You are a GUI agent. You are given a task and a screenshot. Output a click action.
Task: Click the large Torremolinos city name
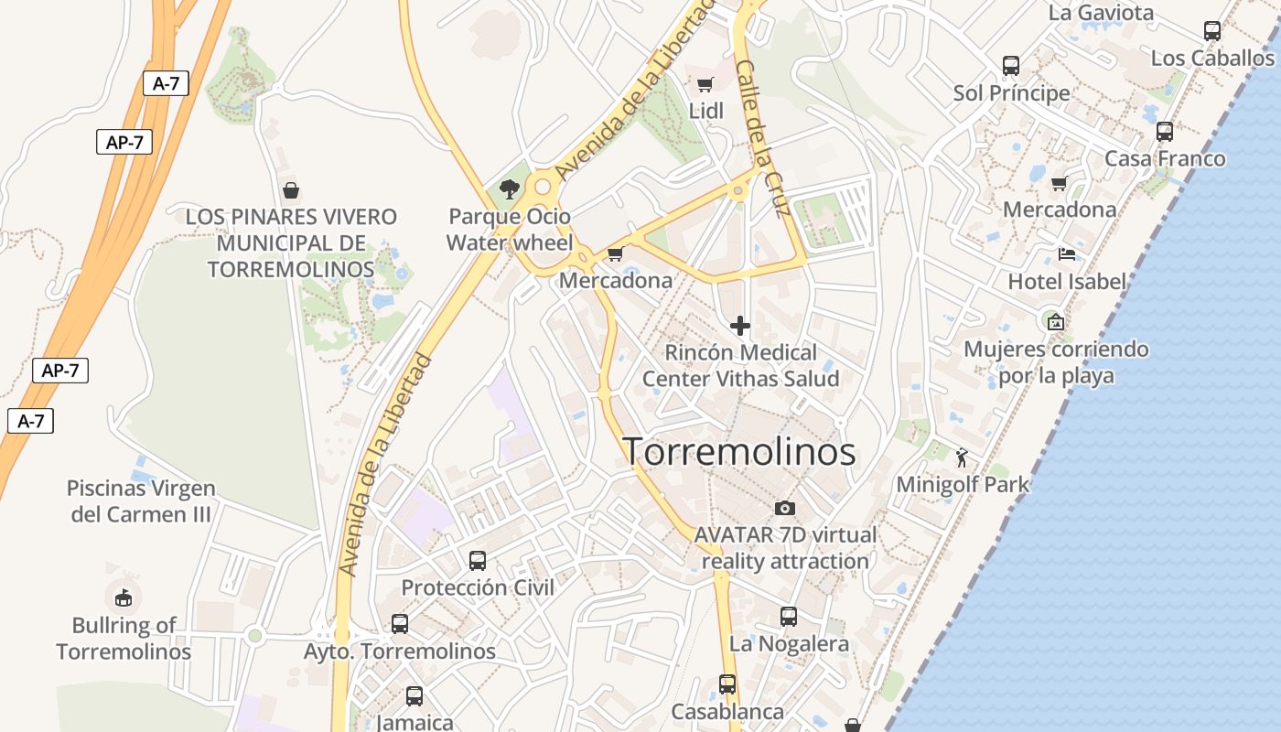tap(739, 452)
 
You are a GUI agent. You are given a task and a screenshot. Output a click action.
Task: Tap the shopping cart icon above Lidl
tap(705, 85)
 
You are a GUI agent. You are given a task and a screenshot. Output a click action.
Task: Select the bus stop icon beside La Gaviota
tap(1211, 30)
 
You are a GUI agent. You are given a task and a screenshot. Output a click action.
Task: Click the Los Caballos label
tap(1211, 59)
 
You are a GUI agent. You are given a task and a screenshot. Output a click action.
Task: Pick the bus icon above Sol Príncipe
tap(1010, 65)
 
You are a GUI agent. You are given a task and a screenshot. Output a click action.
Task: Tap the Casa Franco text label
tap(1164, 159)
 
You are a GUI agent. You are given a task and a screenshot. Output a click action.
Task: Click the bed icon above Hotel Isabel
tap(1066, 253)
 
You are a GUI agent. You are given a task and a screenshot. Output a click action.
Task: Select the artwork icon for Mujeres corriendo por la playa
tap(1055, 321)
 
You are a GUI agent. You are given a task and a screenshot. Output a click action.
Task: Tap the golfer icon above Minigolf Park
tap(962, 457)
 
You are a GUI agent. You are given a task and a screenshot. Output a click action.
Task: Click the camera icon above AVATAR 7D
tap(784, 508)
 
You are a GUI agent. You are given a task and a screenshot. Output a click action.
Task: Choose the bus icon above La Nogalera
tap(788, 617)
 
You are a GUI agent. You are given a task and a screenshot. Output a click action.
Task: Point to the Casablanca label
tap(727, 712)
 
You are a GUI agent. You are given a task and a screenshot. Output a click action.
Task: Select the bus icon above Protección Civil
tap(478, 560)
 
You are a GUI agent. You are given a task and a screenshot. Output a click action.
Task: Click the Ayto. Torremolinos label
tap(400, 651)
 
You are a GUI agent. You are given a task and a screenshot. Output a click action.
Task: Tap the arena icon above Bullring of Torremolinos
tap(123, 597)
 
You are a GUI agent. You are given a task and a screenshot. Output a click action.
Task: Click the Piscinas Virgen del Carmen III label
tap(142, 501)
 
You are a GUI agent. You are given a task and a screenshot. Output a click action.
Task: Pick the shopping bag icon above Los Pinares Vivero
tap(291, 190)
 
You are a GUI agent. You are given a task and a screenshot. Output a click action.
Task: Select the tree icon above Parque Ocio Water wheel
tap(510, 189)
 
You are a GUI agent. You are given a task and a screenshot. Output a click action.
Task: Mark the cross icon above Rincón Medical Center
tap(740, 325)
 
